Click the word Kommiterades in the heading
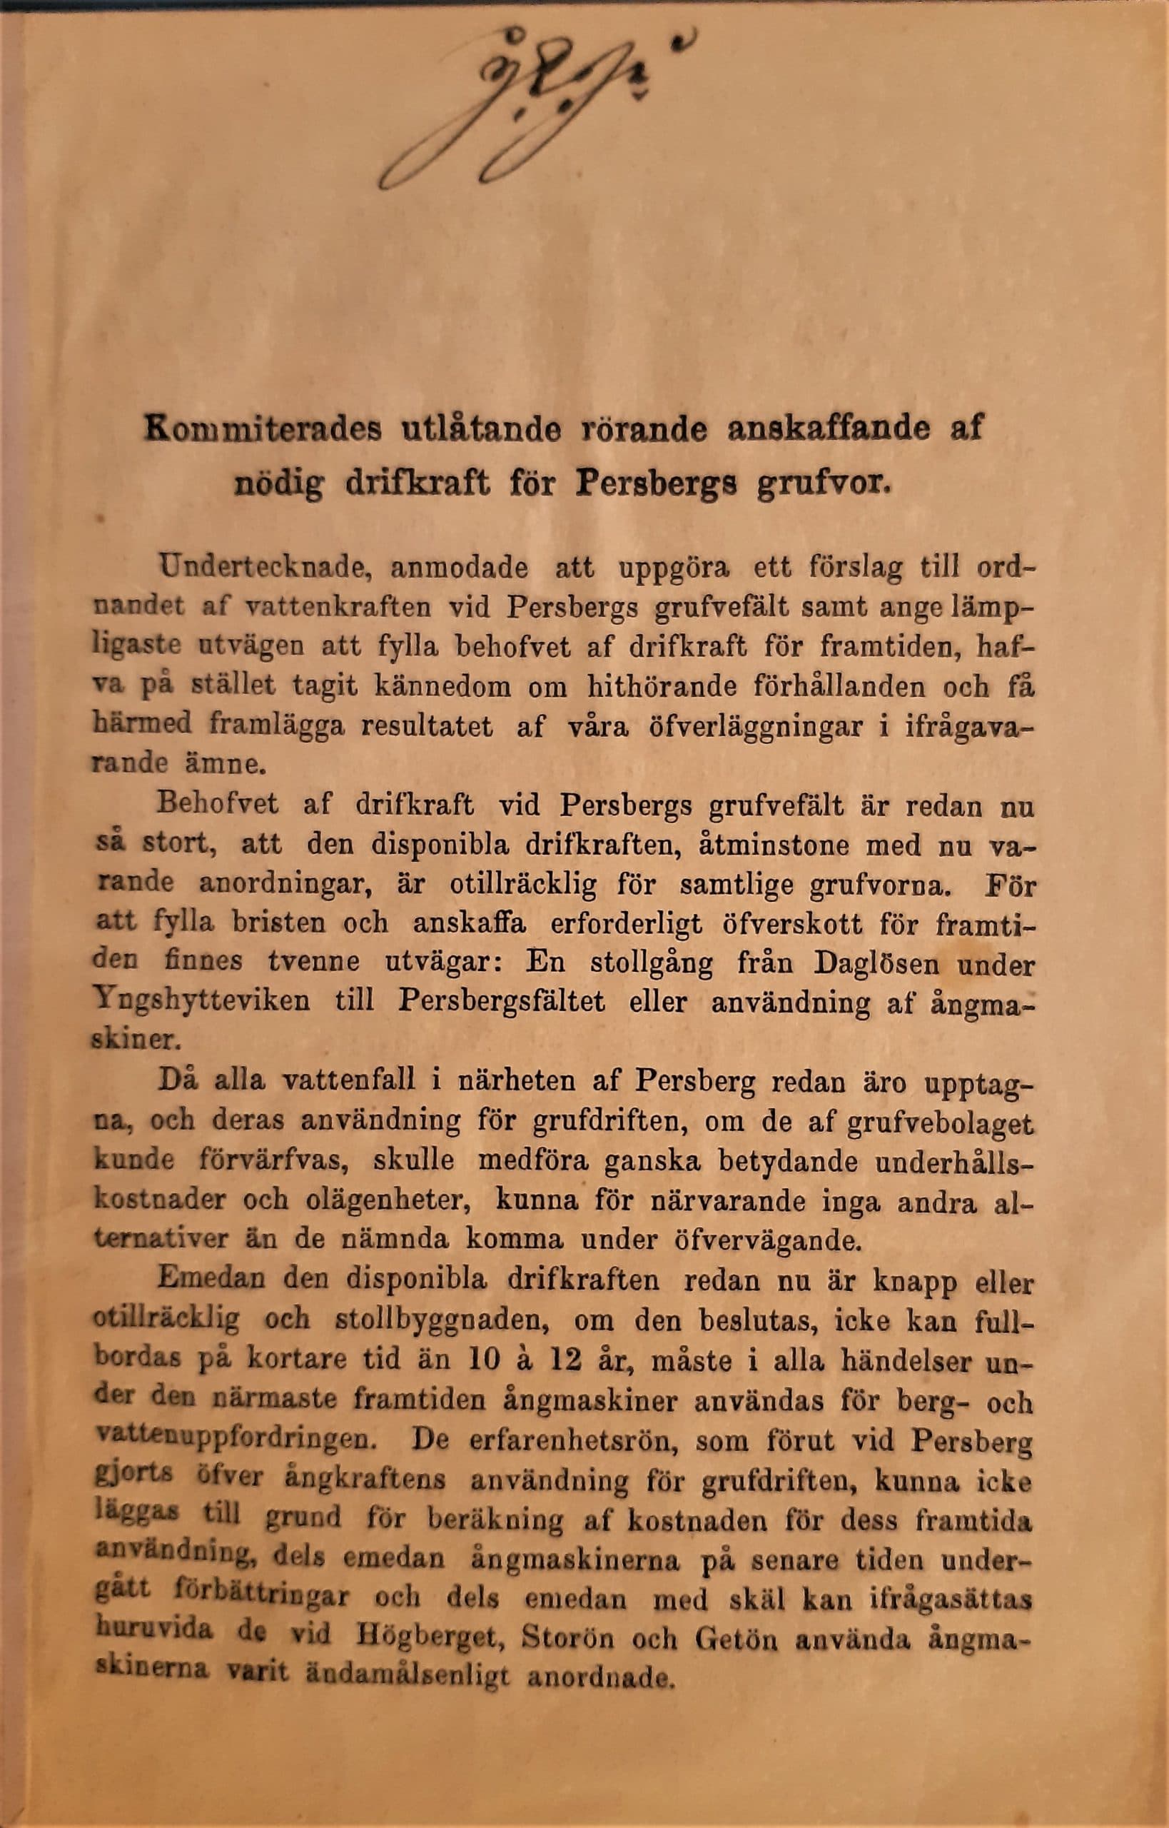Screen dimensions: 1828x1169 coord(262,430)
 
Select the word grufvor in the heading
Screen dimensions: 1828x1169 coord(823,483)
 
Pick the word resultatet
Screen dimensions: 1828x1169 coord(427,725)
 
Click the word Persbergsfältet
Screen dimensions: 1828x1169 coord(502,1001)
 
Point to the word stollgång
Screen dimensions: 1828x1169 coord(652,964)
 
